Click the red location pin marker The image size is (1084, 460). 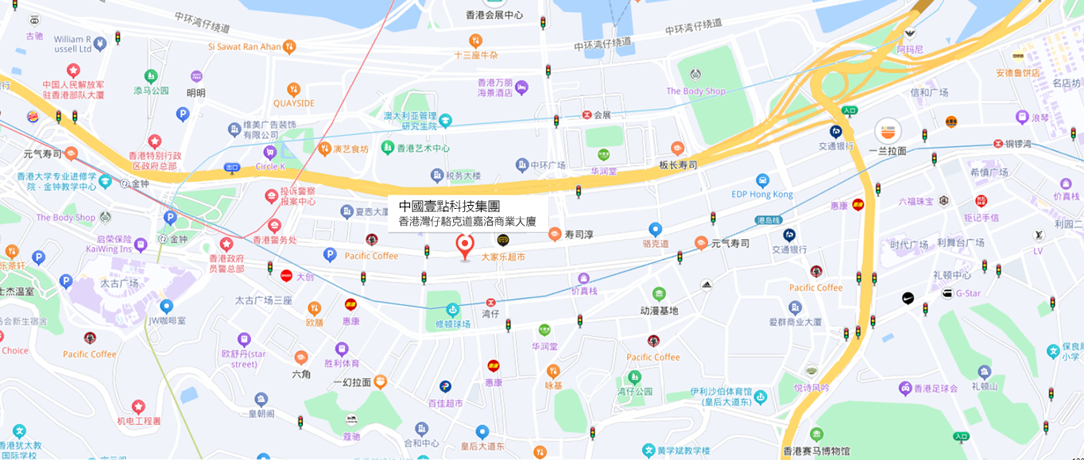[x=465, y=245]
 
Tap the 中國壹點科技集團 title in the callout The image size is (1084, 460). [x=449, y=206]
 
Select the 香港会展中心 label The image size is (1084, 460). [x=494, y=15]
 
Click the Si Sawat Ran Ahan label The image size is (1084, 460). [x=245, y=47]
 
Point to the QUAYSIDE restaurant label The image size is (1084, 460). [x=293, y=103]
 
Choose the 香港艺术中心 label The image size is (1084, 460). [x=424, y=149]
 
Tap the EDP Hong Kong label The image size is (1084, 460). [x=762, y=195]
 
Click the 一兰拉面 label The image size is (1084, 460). [x=887, y=151]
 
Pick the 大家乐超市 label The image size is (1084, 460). [x=502, y=257]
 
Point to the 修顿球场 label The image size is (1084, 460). [x=452, y=324]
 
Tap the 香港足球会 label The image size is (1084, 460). [x=938, y=388]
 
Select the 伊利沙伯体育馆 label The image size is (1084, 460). [x=720, y=392]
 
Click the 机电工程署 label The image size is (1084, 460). [x=138, y=421]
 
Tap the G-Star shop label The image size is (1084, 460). [x=968, y=293]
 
